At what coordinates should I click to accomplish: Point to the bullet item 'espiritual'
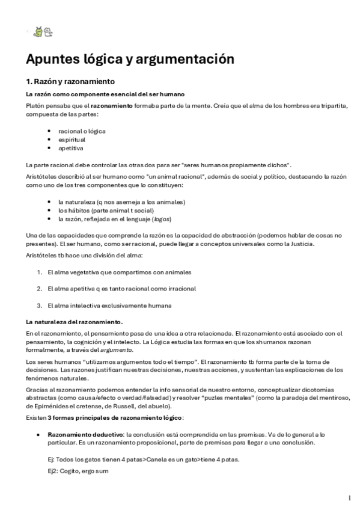72,139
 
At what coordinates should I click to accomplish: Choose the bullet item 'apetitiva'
71,148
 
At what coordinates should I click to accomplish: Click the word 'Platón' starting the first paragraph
36,106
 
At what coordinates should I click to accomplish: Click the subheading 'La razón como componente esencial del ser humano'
105,94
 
